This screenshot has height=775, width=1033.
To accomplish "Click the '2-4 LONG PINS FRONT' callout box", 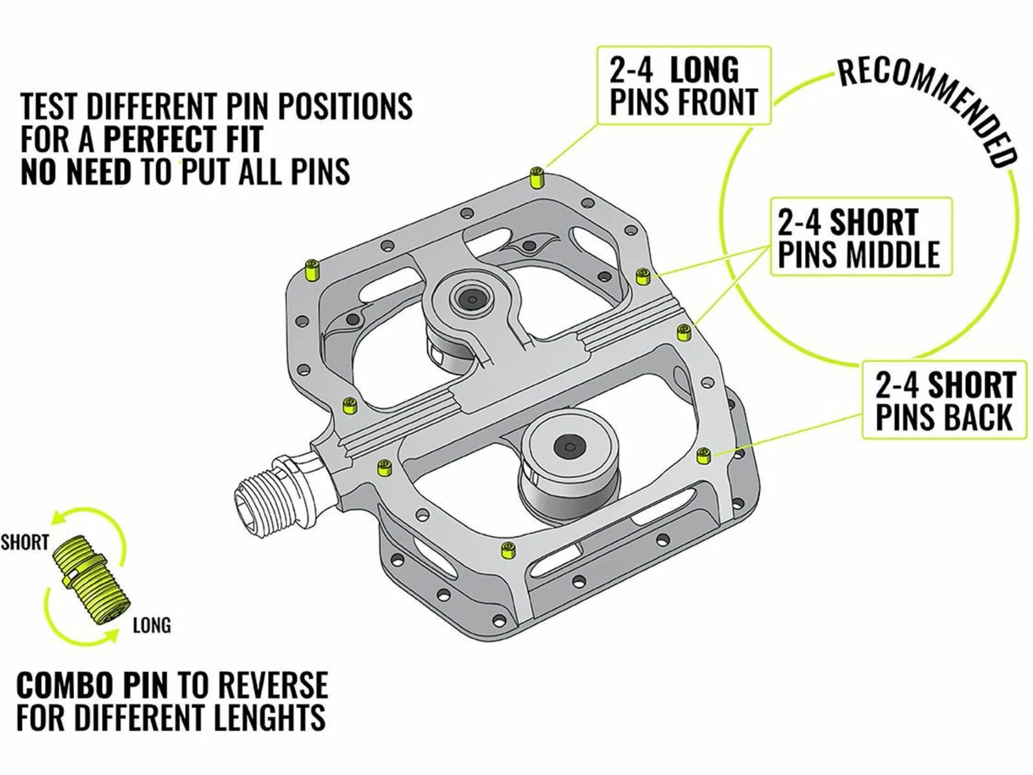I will [x=683, y=85].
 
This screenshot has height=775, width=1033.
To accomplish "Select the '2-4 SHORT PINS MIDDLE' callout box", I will [x=861, y=236].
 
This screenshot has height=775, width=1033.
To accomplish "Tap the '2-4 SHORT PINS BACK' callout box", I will [x=944, y=400].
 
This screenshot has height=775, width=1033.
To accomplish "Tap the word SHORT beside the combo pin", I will [x=25, y=542].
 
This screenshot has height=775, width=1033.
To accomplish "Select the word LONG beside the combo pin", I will [x=152, y=625].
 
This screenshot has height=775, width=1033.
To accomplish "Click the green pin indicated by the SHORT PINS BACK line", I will [x=704, y=456].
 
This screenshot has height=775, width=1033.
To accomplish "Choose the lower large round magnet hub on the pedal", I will [x=569, y=446].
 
